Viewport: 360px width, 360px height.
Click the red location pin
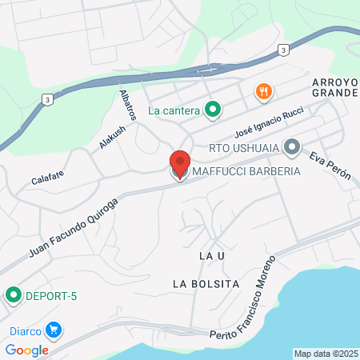[180, 164]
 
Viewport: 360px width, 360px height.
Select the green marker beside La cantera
[213, 110]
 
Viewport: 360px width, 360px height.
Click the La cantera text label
[174, 110]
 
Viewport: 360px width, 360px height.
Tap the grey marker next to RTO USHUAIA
[291, 146]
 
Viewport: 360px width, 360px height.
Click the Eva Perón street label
[330, 166]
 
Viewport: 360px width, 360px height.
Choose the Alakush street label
[112, 138]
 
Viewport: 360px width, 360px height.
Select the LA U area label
[208, 255]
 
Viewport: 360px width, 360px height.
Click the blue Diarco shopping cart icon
[54, 329]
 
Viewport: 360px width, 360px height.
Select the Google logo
[26, 350]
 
